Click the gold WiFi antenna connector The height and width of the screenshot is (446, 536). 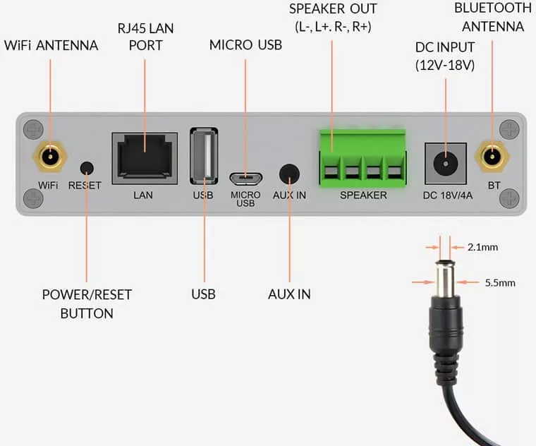pos(50,157)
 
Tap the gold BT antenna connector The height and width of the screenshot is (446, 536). pos(492,157)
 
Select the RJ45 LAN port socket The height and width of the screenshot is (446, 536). pos(145,158)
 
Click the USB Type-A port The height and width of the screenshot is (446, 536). pos(204,156)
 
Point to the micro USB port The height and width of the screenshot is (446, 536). pos(245,179)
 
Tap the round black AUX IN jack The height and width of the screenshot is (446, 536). pos(289,174)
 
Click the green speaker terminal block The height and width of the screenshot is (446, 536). pos(363,158)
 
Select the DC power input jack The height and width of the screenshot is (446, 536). pos(446,164)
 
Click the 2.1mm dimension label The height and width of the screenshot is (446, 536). pos(482,247)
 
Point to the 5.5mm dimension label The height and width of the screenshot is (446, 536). pos(500,282)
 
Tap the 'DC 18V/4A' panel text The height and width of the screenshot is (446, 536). pos(448,195)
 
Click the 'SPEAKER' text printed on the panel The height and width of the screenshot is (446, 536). pos(363,195)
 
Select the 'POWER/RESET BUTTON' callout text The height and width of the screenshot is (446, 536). pos(87,304)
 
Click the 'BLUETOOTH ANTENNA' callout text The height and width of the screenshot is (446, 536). pos(493,17)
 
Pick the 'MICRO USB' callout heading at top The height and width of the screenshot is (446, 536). pos(245,44)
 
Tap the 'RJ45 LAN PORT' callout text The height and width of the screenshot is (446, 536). pos(145,37)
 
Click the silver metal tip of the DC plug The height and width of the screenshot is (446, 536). pos(445,279)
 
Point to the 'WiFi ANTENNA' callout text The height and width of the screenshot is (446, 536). pos(51,45)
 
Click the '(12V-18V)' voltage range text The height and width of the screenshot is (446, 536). pos(445,65)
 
